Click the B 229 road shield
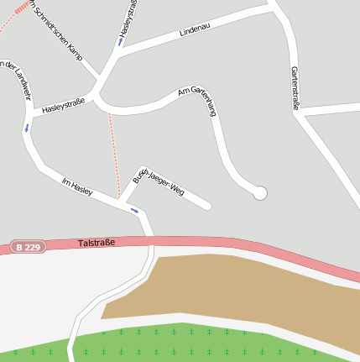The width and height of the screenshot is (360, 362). [x=29, y=247]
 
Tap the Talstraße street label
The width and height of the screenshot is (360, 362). [x=96, y=243]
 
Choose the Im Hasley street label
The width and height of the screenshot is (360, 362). [x=77, y=185]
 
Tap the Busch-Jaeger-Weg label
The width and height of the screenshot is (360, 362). [x=159, y=181]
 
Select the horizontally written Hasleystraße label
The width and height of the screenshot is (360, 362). [x=64, y=104]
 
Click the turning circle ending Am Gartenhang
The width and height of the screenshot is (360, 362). [x=260, y=193]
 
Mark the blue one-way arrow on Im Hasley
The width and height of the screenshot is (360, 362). [x=134, y=210]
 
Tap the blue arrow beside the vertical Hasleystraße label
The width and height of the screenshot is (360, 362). [x=121, y=40]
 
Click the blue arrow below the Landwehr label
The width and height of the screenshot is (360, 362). [x=26, y=129]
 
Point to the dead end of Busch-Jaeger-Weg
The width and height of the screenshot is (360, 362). [x=207, y=205]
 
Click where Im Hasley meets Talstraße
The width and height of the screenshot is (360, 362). [x=151, y=239]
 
